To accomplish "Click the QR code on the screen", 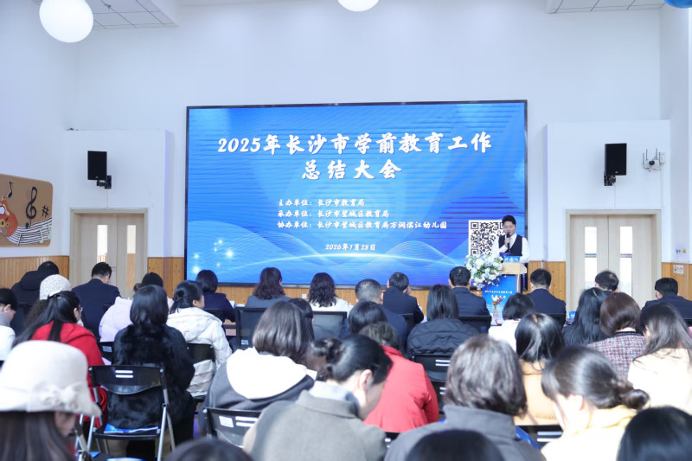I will coord(484,237).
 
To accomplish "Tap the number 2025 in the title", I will coord(239,144).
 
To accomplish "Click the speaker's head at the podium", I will coord(509,224).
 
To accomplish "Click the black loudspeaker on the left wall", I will coord(97,164).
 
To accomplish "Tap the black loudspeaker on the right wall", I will coord(615,159).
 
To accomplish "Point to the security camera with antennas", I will coord(652,159).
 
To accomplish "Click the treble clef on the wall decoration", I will coord(31,208).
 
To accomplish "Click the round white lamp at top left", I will coord(66,18).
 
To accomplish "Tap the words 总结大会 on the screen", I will coord(351,170).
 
